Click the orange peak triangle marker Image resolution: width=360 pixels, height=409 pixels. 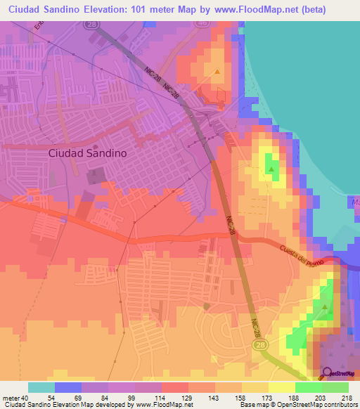[218, 71]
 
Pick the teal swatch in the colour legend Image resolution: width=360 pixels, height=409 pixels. [41, 387]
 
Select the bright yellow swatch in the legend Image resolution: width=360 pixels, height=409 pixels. [282, 387]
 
